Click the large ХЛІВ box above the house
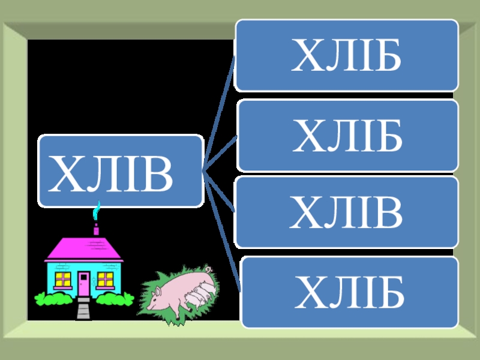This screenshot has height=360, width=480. click(120, 171)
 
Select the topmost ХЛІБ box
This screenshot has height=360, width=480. click(346, 55)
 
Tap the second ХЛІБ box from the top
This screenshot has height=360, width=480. click(347, 136)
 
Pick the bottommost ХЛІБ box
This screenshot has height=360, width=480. click(350, 292)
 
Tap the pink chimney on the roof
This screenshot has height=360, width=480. click(95, 230)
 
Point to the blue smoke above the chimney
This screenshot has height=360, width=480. click(96, 211)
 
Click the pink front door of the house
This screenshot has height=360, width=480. click(84, 283)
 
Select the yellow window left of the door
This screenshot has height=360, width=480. click(63, 278)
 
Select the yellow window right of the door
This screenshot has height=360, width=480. click(105, 278)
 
